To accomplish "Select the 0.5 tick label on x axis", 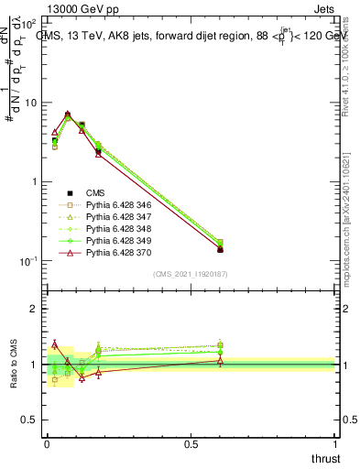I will click(x=192, y=443).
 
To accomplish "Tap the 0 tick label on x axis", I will click(x=47, y=443).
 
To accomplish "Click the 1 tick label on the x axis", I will click(x=337, y=443).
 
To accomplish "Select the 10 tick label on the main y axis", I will click(x=30, y=103).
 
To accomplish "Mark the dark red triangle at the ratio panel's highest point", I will click(x=54, y=344).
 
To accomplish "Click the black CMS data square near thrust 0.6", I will click(x=220, y=249).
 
